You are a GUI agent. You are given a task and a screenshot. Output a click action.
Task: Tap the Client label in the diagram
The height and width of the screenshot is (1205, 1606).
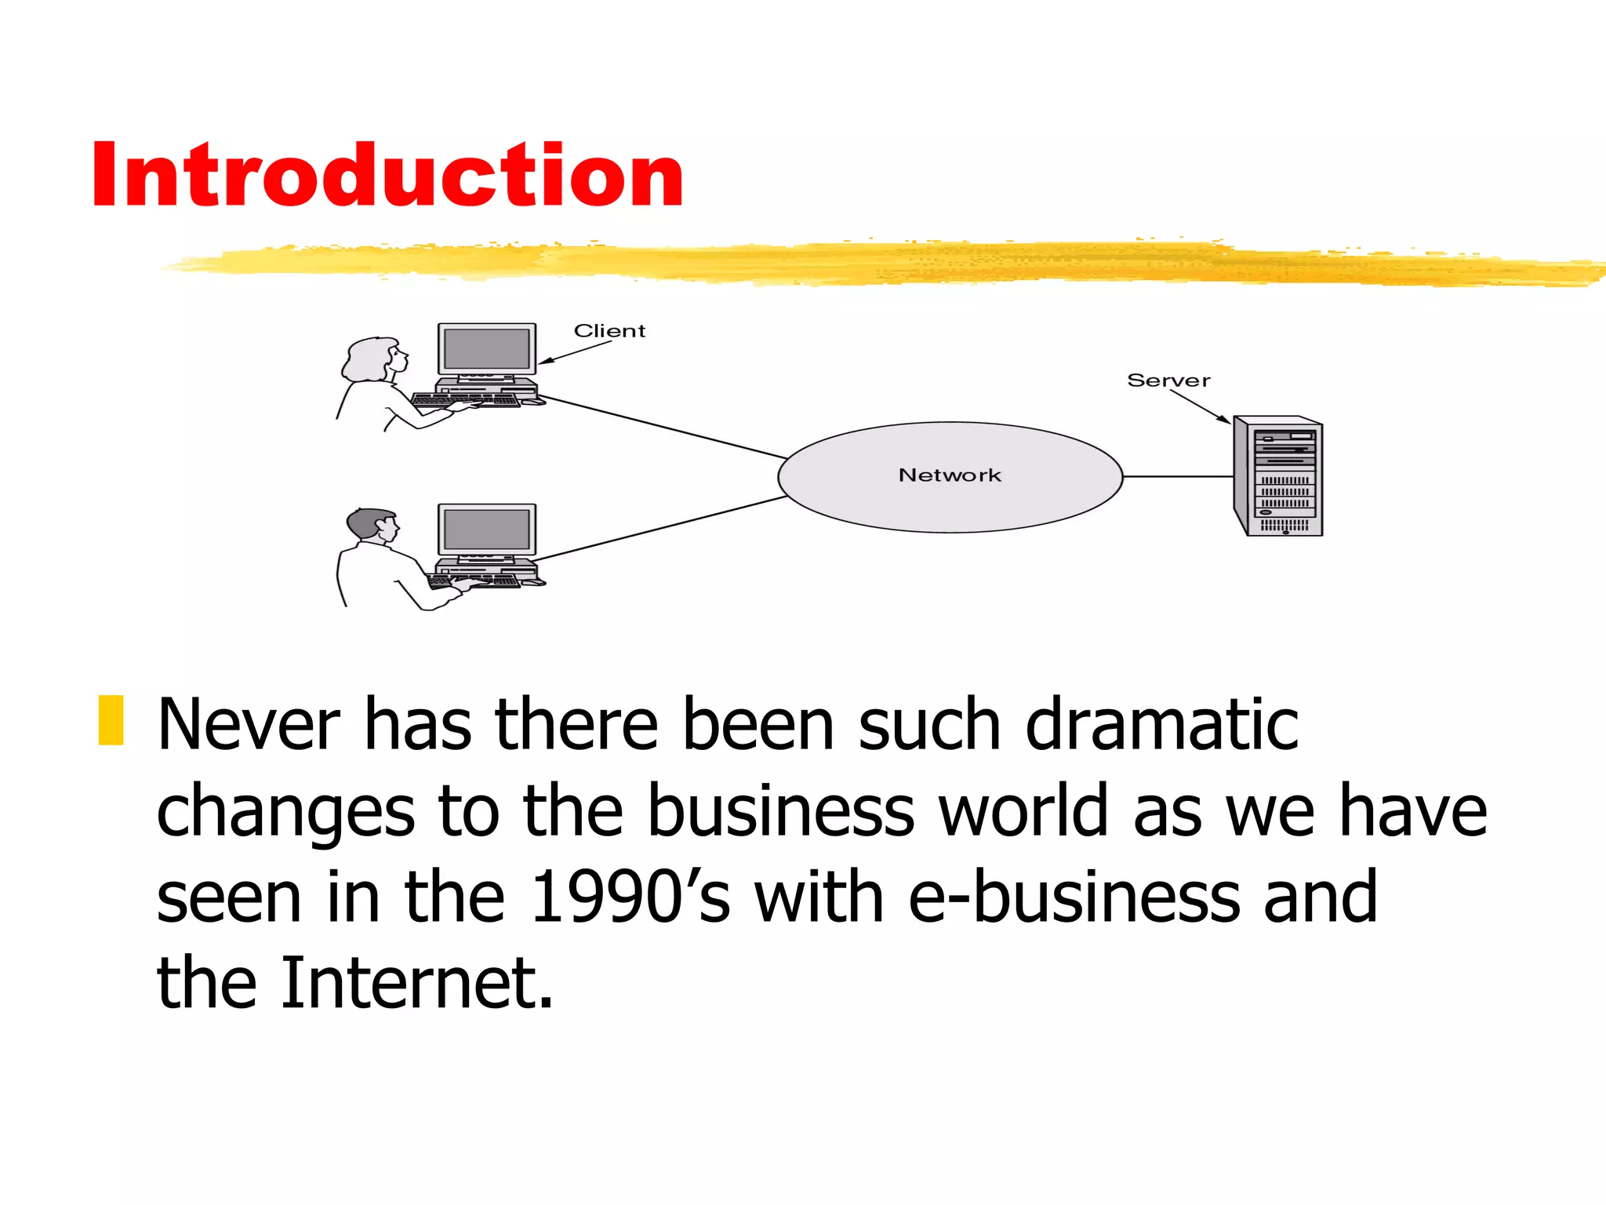[x=609, y=330]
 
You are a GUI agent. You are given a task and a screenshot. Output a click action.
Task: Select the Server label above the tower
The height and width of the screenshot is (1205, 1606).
[x=1168, y=380]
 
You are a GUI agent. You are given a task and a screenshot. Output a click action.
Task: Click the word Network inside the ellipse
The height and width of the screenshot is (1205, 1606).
[x=950, y=475]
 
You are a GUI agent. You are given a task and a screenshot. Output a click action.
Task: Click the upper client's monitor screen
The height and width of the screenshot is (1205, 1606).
[x=486, y=349]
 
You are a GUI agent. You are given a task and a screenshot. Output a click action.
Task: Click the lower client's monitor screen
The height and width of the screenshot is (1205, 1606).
[x=486, y=530]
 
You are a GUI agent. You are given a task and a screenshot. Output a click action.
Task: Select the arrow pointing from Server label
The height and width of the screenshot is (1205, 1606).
[x=1200, y=406]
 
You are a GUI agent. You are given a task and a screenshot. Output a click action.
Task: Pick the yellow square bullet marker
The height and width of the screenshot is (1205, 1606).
[x=111, y=719]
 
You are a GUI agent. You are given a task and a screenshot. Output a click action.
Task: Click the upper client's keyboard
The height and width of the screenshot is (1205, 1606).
[x=466, y=400]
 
